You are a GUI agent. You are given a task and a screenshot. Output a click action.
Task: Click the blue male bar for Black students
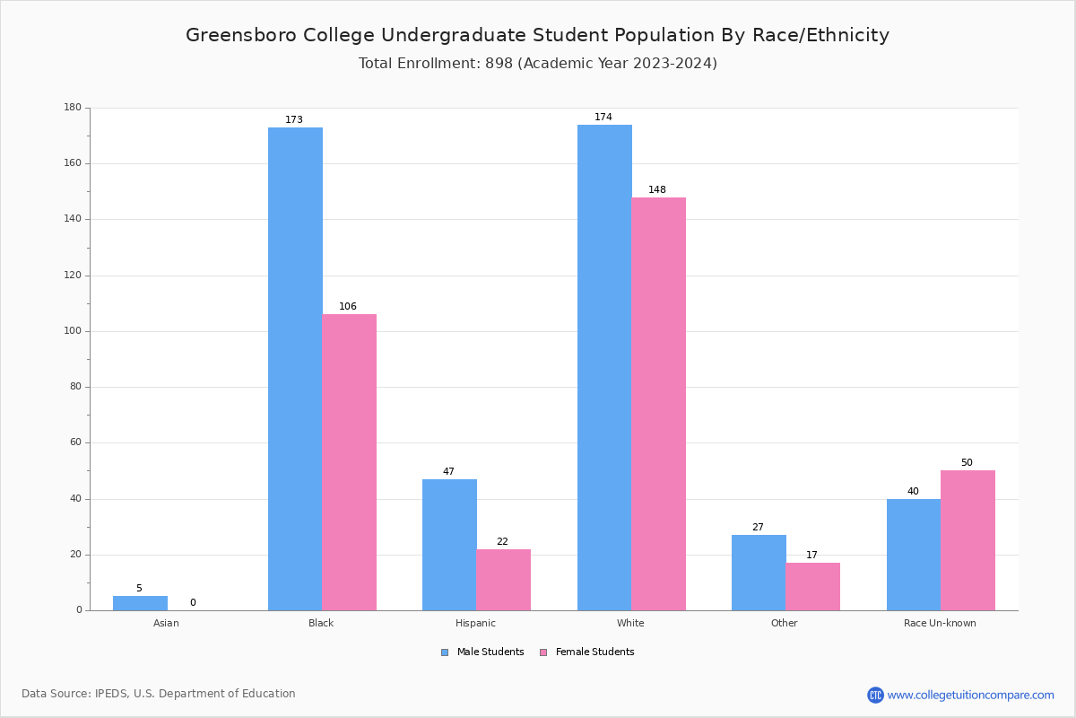295,368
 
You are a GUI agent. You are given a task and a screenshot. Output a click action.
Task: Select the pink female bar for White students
658,404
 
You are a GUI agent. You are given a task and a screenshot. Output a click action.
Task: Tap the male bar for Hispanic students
449,545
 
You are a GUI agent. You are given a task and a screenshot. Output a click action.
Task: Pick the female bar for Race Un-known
968,540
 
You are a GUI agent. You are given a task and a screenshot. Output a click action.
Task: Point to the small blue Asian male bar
140,603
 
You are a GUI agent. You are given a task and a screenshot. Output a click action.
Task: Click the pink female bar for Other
812,586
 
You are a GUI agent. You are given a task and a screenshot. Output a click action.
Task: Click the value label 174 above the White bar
603,118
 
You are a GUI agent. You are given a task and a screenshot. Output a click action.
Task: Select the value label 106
348,307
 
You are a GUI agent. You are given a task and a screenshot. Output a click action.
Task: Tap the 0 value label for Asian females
193,603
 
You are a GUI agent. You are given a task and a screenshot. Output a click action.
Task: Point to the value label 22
502,542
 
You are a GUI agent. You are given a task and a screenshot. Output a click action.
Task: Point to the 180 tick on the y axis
73,108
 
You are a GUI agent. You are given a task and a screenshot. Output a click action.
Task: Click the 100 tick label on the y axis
73,331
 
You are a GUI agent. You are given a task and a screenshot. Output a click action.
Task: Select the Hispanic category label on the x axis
475,623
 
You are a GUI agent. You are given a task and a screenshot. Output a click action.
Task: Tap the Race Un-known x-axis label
940,623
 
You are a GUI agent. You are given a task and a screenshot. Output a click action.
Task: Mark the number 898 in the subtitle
499,64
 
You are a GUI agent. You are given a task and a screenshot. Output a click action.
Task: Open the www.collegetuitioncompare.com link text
970,695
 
